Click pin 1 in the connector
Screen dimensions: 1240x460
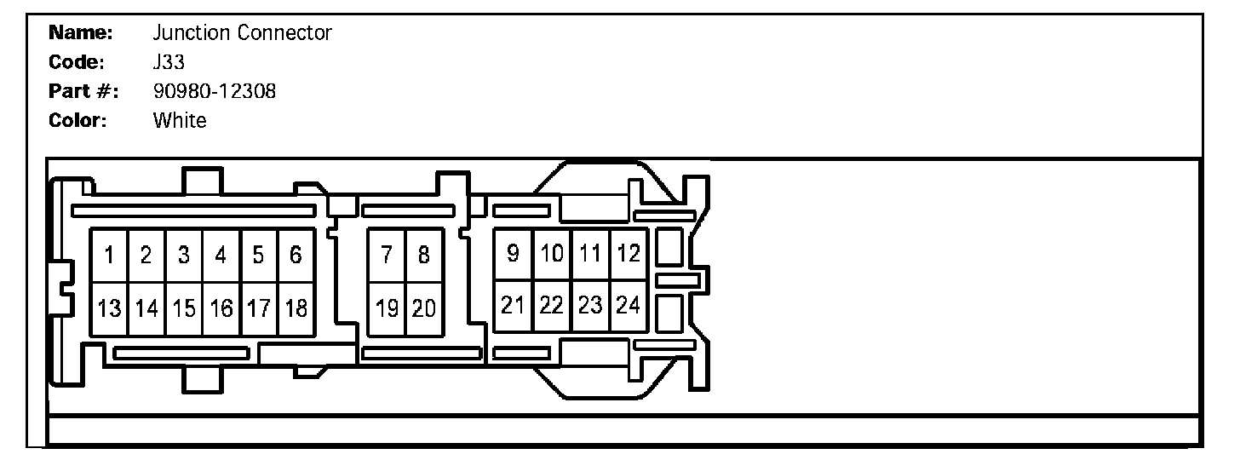pyautogui.click(x=110, y=255)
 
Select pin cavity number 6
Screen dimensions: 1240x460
pyautogui.click(x=296, y=255)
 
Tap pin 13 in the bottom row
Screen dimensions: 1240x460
pyautogui.click(x=110, y=308)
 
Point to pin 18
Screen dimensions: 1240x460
pyautogui.click(x=296, y=308)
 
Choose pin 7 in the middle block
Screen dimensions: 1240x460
pyautogui.click(x=387, y=255)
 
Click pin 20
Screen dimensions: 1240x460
pyautogui.click(x=423, y=308)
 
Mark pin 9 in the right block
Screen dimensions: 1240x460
pyautogui.click(x=513, y=253)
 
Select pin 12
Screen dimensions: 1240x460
pyautogui.click(x=629, y=253)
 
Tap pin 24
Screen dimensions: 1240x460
pyautogui.click(x=629, y=305)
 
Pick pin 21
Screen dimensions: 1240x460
pyautogui.click(x=513, y=305)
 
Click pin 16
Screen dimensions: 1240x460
pyautogui.click(x=221, y=308)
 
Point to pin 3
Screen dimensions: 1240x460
pyautogui.click(x=184, y=255)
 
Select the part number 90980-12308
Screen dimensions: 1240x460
pyautogui.click(x=214, y=91)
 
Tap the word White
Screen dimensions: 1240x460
pyautogui.click(x=179, y=120)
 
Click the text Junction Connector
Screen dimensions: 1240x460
pyautogui.click(x=242, y=33)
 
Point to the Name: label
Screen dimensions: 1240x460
pyautogui.click(x=81, y=33)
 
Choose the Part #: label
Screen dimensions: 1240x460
pyautogui.click(x=83, y=91)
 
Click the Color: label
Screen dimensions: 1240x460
pyautogui.click(x=78, y=120)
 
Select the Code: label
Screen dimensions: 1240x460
pyautogui.click(x=77, y=62)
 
